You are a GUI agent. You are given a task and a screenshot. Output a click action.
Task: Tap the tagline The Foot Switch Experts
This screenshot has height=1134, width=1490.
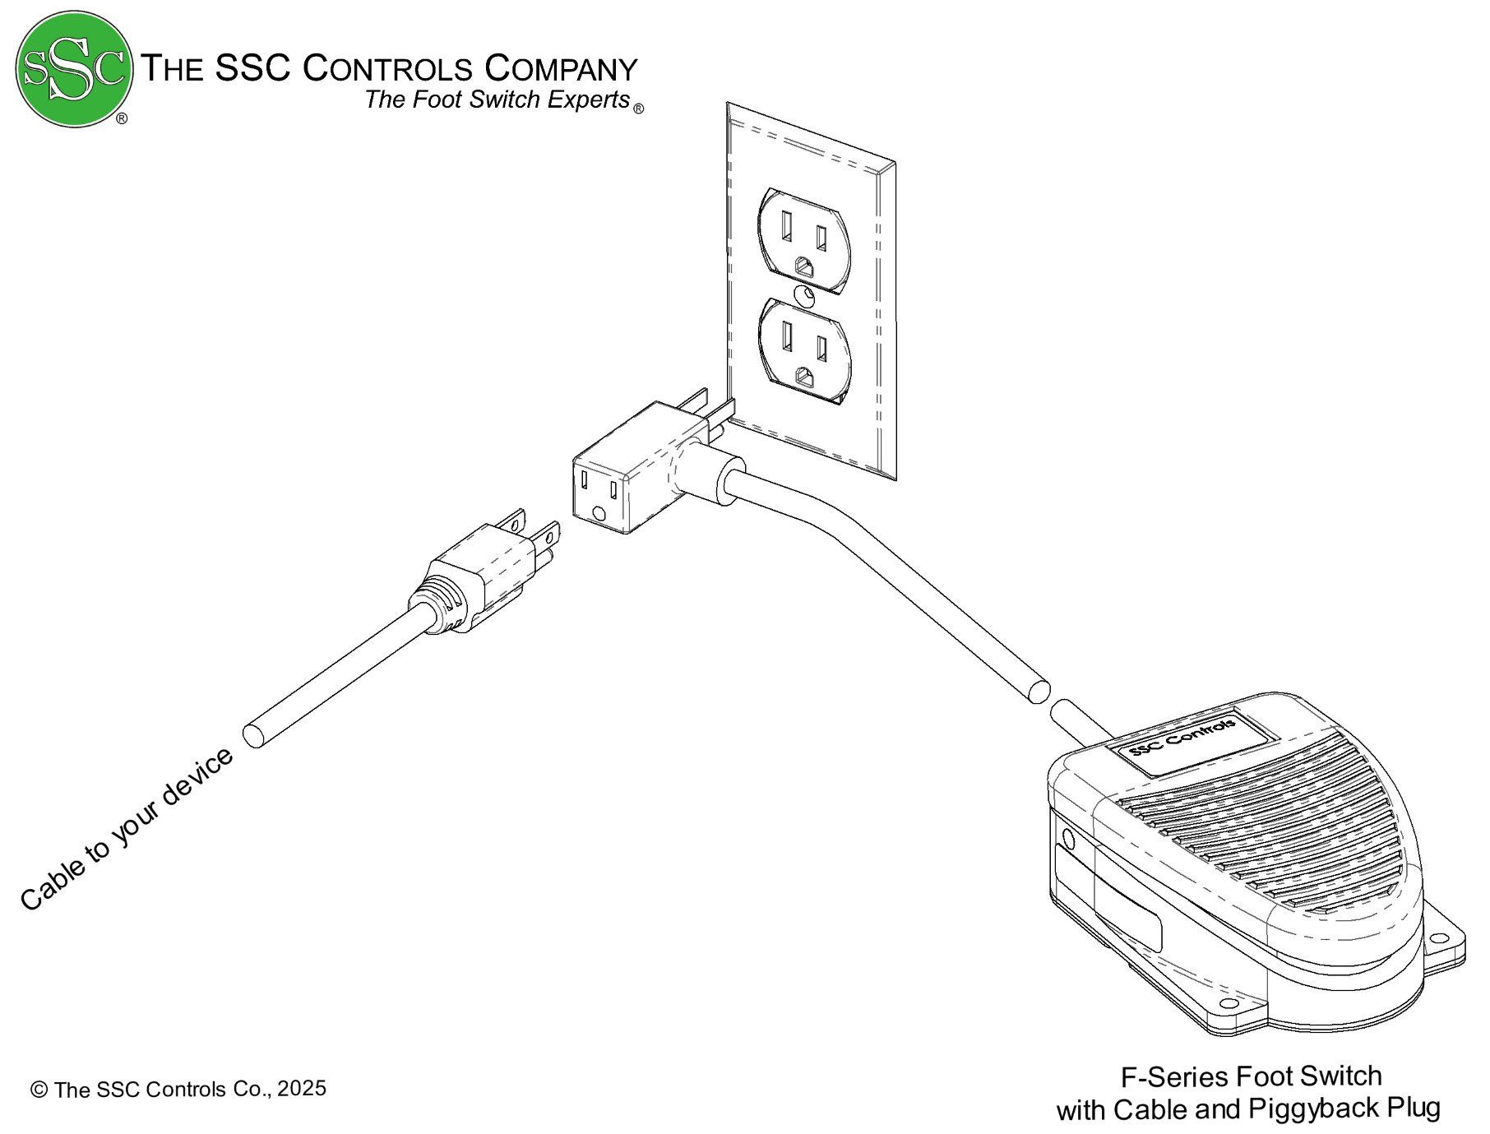click(497, 100)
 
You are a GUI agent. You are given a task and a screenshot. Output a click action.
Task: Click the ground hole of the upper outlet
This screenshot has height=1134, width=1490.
click(804, 267)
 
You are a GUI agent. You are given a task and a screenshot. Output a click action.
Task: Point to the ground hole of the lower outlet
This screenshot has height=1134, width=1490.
click(804, 377)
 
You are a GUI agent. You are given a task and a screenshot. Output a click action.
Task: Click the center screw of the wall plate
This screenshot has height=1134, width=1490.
click(806, 294)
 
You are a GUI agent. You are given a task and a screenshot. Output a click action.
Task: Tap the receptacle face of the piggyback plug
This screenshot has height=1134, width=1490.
click(599, 496)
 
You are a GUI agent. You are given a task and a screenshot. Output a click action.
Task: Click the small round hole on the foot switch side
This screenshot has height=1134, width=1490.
click(1069, 839)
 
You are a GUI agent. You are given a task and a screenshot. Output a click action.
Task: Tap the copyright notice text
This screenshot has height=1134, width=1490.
click(178, 1089)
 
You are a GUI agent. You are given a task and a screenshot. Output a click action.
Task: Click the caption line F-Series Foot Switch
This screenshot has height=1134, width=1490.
click(1251, 1076)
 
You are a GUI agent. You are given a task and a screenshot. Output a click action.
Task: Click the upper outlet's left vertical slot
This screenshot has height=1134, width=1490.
click(787, 223)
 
